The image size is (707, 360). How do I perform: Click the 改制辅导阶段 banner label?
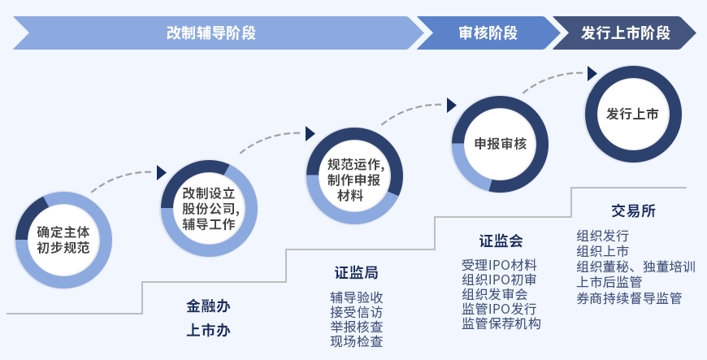[211, 33]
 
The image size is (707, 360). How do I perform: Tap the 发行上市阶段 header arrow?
[624, 33]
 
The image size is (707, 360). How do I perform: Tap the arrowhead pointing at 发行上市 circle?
[592, 73]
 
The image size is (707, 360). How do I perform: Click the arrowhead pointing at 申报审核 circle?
[451, 105]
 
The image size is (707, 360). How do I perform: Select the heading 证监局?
[356, 273]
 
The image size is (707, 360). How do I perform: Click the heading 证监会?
[501, 241]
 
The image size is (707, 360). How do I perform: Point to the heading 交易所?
[634, 210]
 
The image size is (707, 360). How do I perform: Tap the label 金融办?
[208, 306]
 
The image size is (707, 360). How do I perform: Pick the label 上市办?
[208, 331]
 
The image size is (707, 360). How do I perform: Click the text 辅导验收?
[357, 297]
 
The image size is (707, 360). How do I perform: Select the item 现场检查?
[357, 341]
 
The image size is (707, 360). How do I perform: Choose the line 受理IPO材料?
[499, 265]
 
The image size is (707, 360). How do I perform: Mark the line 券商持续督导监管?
[629, 298]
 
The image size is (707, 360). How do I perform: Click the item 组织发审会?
[495, 294]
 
